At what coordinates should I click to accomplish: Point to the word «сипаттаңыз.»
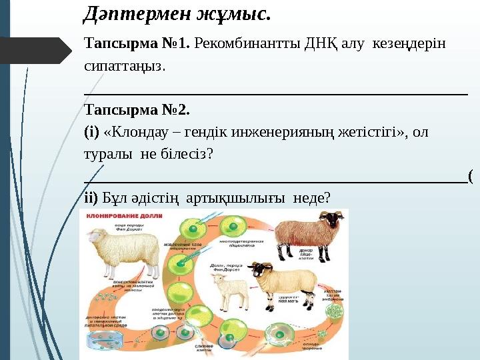click(x=124, y=66)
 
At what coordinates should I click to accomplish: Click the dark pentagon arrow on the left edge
click(x=37, y=51)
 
